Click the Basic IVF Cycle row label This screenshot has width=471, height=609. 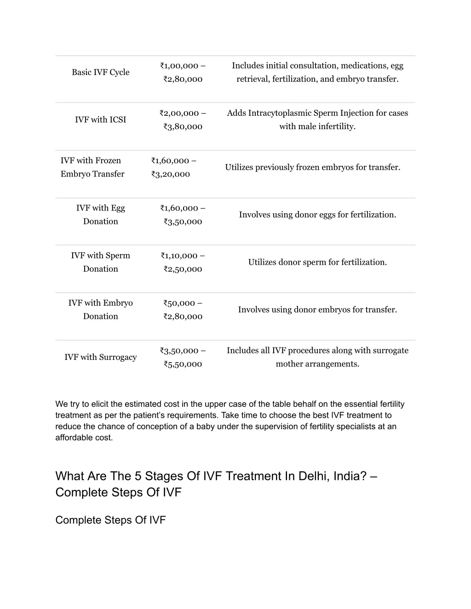coord(100,72)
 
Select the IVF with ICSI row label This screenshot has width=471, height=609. coord(100,120)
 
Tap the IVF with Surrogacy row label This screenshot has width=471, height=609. coord(100,357)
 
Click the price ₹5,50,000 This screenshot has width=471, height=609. coord(183,364)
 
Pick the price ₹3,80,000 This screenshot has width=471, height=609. coord(183,126)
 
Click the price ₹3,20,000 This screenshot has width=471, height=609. coord(170,174)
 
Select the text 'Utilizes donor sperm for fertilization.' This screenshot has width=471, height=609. coord(317,262)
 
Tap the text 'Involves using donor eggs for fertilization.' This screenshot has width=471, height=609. coord(317,215)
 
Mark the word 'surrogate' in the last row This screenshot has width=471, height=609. coord(391,350)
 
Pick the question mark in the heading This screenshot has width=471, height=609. coord(363,476)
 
